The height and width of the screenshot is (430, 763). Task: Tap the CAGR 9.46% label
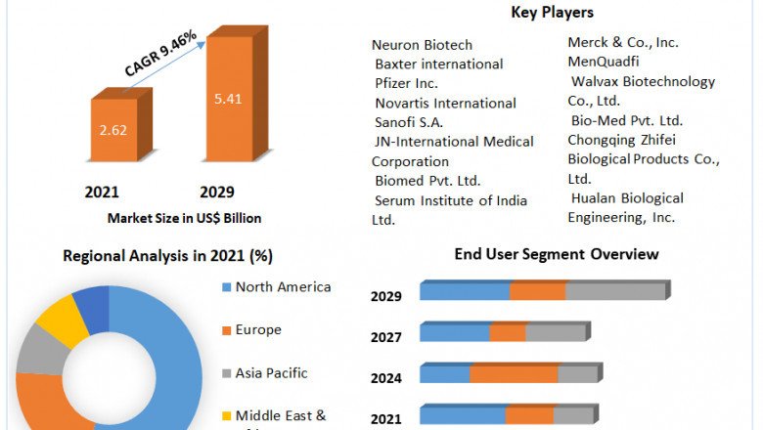click(x=160, y=53)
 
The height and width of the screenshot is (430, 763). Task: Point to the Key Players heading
click(x=552, y=13)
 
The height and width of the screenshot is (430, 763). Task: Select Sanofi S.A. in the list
click(x=409, y=122)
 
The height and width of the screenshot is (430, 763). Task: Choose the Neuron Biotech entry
click(x=422, y=45)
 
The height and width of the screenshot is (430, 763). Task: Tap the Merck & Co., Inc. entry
click(x=623, y=42)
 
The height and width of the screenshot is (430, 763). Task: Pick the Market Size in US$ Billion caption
click(x=184, y=218)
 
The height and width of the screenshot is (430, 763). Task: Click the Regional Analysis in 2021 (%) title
click(x=167, y=256)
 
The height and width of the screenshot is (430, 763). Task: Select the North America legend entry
click(x=283, y=287)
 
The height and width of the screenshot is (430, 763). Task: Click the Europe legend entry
click(x=257, y=330)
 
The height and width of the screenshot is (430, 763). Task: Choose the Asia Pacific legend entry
click(x=271, y=373)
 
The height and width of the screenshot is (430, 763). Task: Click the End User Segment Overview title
click(x=557, y=254)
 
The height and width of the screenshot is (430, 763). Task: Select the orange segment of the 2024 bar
click(x=514, y=374)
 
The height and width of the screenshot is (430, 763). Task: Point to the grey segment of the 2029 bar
click(x=614, y=291)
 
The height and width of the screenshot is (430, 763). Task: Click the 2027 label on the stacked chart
click(x=385, y=338)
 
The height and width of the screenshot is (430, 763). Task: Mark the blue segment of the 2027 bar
click(x=455, y=333)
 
